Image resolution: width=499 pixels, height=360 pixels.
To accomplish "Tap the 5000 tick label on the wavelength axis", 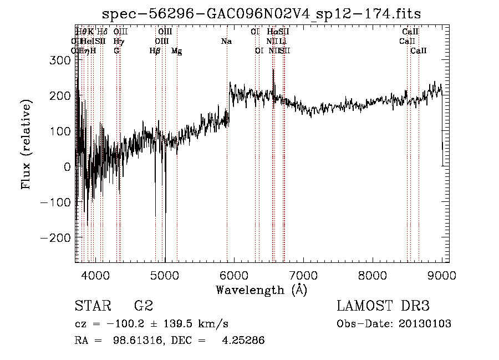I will point(164,275).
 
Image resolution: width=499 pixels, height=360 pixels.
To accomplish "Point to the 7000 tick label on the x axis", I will point(303,275).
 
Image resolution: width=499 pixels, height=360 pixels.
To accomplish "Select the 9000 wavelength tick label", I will point(442,275).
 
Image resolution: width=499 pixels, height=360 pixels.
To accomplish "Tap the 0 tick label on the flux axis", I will point(68,166).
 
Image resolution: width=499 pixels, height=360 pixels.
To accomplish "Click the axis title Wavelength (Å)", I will point(261,290).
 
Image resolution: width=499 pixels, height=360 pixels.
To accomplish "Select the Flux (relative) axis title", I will point(27,144).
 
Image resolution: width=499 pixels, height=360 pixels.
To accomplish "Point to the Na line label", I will point(226,42).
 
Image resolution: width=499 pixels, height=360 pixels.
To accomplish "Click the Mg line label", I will point(176,51).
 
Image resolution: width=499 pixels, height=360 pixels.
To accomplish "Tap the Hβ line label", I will point(155,51).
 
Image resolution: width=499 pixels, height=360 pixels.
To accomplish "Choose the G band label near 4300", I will point(116,51).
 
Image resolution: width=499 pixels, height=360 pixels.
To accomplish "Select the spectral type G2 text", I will point(144,306).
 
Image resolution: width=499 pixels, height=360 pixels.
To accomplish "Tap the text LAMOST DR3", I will point(383,306).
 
